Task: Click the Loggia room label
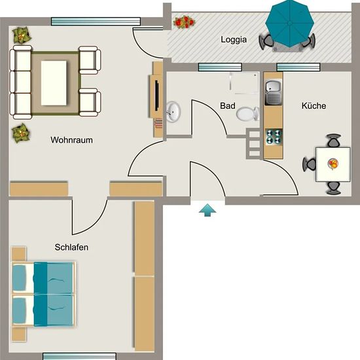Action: click(x=234, y=40)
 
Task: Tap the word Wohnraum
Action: click(x=71, y=140)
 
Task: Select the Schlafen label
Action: click(x=71, y=247)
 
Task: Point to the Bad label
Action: click(x=228, y=106)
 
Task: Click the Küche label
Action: click(x=314, y=106)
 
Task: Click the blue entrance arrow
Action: click(x=207, y=210)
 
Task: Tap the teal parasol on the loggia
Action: click(x=290, y=23)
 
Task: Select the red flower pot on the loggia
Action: click(x=184, y=22)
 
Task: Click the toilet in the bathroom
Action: click(x=247, y=114)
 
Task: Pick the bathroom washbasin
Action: click(x=173, y=112)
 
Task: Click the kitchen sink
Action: click(x=273, y=92)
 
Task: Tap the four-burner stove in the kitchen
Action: click(x=274, y=137)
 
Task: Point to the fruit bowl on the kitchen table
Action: click(x=333, y=164)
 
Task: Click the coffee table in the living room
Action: click(x=54, y=83)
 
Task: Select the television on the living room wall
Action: click(x=157, y=96)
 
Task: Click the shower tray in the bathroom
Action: click(x=244, y=83)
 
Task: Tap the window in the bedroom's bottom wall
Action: click(x=79, y=356)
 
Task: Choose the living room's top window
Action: click(x=96, y=22)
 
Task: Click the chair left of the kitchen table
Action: click(x=309, y=164)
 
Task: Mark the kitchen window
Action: click(x=298, y=67)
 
